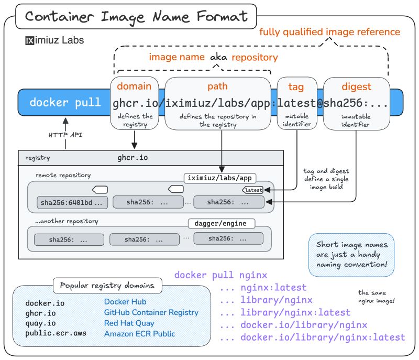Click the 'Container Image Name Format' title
136,16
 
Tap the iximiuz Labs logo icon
30,40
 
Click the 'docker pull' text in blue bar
65,102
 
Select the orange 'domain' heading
134,86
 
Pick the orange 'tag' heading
296,86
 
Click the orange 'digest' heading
356,86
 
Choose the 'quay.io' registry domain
39,323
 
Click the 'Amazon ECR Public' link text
139,333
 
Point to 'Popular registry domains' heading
107,286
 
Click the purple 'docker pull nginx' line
220,275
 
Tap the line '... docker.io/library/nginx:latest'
312,337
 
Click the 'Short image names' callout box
351,255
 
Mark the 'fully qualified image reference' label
330,32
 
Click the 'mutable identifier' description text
296,121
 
